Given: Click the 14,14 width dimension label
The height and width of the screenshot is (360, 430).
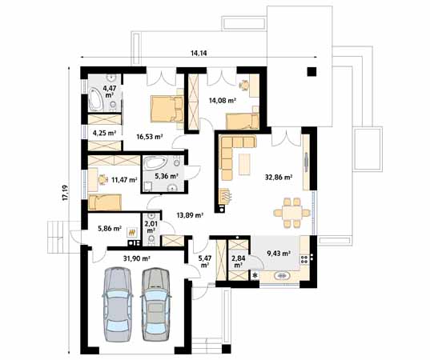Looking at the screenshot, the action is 199,53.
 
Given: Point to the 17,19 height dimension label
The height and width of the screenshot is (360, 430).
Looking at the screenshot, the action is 66,193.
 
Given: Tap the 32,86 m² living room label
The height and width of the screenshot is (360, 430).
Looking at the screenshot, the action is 279,177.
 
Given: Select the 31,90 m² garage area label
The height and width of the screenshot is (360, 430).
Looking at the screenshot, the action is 136,258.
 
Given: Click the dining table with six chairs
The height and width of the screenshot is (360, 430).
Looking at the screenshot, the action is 292,213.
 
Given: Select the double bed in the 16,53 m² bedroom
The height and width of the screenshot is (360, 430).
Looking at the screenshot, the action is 167,109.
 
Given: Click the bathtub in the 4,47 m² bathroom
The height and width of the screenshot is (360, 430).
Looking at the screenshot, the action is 95,99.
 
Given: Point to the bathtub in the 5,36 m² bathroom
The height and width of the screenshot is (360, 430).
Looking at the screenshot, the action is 155,162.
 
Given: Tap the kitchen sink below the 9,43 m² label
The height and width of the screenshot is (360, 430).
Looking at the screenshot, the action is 281,275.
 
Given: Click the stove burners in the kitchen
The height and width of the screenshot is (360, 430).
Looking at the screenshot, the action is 304,259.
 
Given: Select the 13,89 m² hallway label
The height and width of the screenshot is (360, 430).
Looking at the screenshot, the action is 190,215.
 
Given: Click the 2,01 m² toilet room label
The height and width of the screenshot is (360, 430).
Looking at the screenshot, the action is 151,227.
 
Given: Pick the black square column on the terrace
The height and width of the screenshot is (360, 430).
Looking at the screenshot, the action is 311,72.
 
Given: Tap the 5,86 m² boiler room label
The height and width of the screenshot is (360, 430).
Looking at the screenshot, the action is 110,228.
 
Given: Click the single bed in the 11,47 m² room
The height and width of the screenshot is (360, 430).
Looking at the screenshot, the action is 105,202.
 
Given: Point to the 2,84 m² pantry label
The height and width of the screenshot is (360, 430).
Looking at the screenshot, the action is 238,262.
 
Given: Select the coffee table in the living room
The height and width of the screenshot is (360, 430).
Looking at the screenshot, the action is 244,164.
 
